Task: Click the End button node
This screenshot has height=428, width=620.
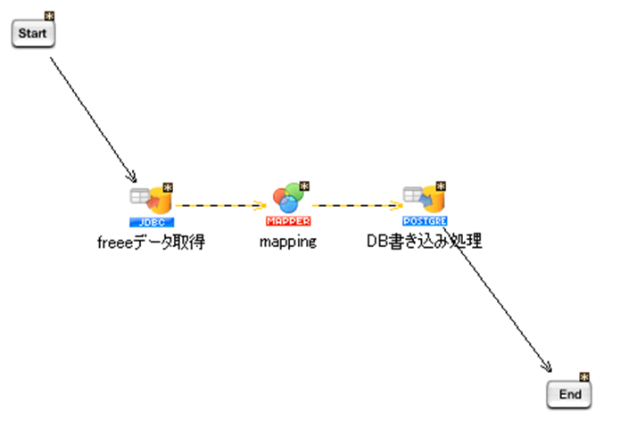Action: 569,394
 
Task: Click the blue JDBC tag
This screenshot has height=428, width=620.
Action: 151,221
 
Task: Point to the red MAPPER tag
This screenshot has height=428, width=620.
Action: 288,221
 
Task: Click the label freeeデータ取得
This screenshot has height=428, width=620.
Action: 151,242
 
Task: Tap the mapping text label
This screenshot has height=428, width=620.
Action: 288,242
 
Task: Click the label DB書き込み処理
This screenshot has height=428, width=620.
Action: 425,242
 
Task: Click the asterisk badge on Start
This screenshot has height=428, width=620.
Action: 50,17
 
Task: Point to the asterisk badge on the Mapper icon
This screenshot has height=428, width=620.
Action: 304,186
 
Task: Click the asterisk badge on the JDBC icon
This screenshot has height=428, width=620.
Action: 167,187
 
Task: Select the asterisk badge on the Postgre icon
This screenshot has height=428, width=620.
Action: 440,187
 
